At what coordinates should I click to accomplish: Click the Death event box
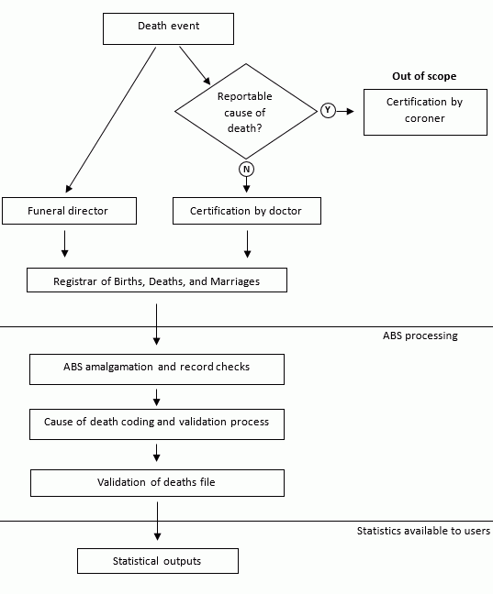pyautogui.click(x=168, y=27)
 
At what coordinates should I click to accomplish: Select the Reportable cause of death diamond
pyautogui.click(x=244, y=112)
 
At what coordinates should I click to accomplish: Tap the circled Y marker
pyautogui.click(x=328, y=111)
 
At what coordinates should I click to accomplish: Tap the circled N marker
pyautogui.click(x=245, y=170)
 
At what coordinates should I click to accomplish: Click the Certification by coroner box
pyautogui.click(x=424, y=111)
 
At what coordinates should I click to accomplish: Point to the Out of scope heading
pyautogui.click(x=424, y=76)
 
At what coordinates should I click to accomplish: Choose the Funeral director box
pyautogui.click(x=69, y=211)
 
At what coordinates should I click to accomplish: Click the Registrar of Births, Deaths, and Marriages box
pyautogui.click(x=156, y=280)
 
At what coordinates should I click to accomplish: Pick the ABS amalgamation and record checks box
pyautogui.click(x=156, y=368)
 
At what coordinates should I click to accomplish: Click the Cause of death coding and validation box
pyautogui.click(x=156, y=423)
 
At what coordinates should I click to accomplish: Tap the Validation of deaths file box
pyautogui.click(x=156, y=482)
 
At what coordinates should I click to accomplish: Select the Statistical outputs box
pyautogui.click(x=157, y=561)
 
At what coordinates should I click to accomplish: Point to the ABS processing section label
pyautogui.click(x=420, y=336)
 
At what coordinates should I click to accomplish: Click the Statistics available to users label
pyautogui.click(x=423, y=532)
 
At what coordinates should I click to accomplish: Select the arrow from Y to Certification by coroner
pyautogui.click(x=347, y=111)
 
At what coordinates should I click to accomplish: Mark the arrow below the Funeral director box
pyautogui.click(x=64, y=244)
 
